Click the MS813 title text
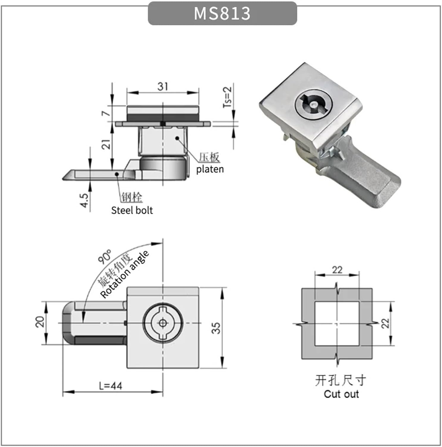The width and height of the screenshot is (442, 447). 222,13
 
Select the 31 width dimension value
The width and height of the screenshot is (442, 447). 163,86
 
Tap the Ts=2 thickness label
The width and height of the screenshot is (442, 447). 227,97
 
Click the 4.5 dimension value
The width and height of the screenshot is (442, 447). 84,200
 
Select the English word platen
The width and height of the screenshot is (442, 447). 210,169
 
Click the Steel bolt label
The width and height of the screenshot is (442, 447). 132,210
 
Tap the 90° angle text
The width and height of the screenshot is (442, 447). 104,257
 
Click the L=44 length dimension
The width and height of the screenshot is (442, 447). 110,386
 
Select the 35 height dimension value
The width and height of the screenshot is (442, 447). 216,328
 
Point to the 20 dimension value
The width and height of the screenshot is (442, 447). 40,322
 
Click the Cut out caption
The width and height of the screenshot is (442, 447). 341,394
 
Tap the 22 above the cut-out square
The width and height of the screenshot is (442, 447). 337,270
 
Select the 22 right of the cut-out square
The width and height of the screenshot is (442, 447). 385,323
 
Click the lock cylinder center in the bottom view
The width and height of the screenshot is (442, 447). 163,323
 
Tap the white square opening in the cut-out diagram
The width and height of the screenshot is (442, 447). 337,324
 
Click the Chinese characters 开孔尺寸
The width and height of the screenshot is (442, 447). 341,380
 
